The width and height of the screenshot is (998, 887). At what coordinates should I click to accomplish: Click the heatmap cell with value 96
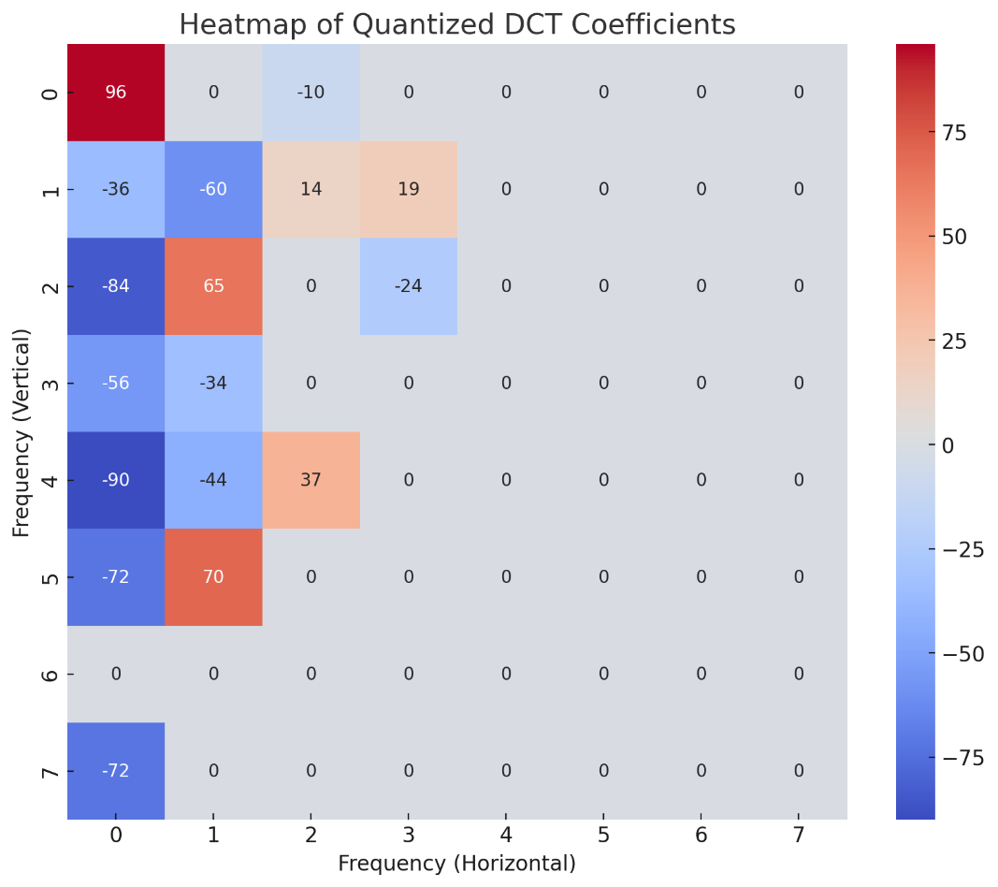point(116,93)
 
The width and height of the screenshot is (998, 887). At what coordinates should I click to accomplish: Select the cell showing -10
point(311,93)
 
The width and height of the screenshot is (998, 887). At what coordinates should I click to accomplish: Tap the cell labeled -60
point(213,189)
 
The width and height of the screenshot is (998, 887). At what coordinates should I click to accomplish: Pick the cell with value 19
point(408,189)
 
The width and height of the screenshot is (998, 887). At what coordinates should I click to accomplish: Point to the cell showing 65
point(213,286)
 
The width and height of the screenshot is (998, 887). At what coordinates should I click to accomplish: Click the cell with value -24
point(408,286)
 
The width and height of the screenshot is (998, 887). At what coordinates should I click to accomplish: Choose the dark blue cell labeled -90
point(116,480)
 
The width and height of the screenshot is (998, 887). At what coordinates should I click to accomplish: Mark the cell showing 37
point(311,480)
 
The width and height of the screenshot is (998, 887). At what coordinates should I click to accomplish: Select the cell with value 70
point(213,577)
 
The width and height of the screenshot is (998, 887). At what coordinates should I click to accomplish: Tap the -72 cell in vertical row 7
point(116,771)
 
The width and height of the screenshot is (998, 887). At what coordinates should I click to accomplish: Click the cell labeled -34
point(213,383)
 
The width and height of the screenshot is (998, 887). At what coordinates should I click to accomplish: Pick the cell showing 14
point(311,189)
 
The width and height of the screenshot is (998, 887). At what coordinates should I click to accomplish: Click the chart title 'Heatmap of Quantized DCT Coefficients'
point(457,24)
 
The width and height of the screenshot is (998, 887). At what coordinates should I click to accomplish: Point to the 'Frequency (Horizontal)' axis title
point(456,864)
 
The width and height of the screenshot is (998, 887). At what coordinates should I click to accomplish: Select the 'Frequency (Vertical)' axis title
point(22,432)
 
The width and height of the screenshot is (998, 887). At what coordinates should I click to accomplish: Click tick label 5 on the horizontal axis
point(603,836)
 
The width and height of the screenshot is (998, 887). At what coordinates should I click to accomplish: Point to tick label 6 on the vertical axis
point(51,675)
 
